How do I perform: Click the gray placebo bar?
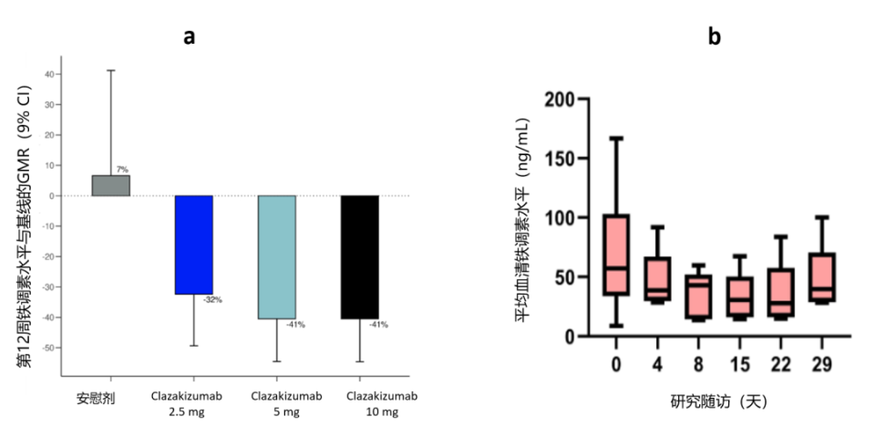[x=111, y=185]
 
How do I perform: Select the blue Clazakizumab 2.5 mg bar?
[x=194, y=245]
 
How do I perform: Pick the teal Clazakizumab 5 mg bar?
[x=277, y=256]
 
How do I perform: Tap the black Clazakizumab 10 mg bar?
[x=359, y=256]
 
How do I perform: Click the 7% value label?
[x=122, y=170]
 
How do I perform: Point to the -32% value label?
[x=212, y=299]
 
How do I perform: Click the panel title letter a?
[x=190, y=36]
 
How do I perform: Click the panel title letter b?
[x=714, y=36]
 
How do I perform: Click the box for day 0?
[x=616, y=255]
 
